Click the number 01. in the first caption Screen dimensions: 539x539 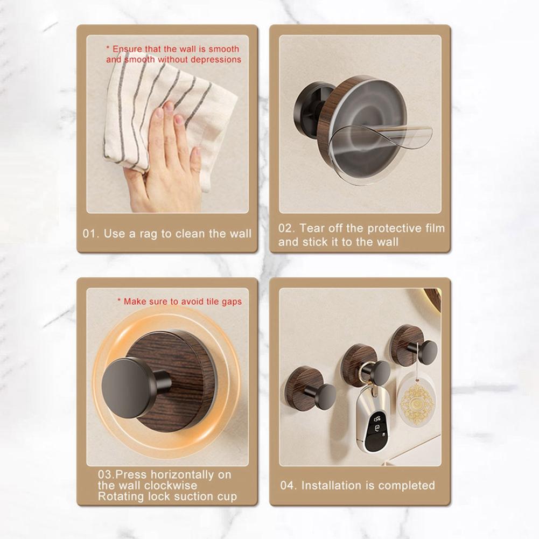pyautogui.click(x=90, y=234)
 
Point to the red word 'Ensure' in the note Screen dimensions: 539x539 pyautogui.click(x=128, y=49)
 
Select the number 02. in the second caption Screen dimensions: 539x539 pyautogui.click(x=286, y=228)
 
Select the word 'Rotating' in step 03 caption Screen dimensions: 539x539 pyautogui.click(x=120, y=496)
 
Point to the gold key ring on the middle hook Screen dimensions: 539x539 pyautogui.click(x=366, y=372)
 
